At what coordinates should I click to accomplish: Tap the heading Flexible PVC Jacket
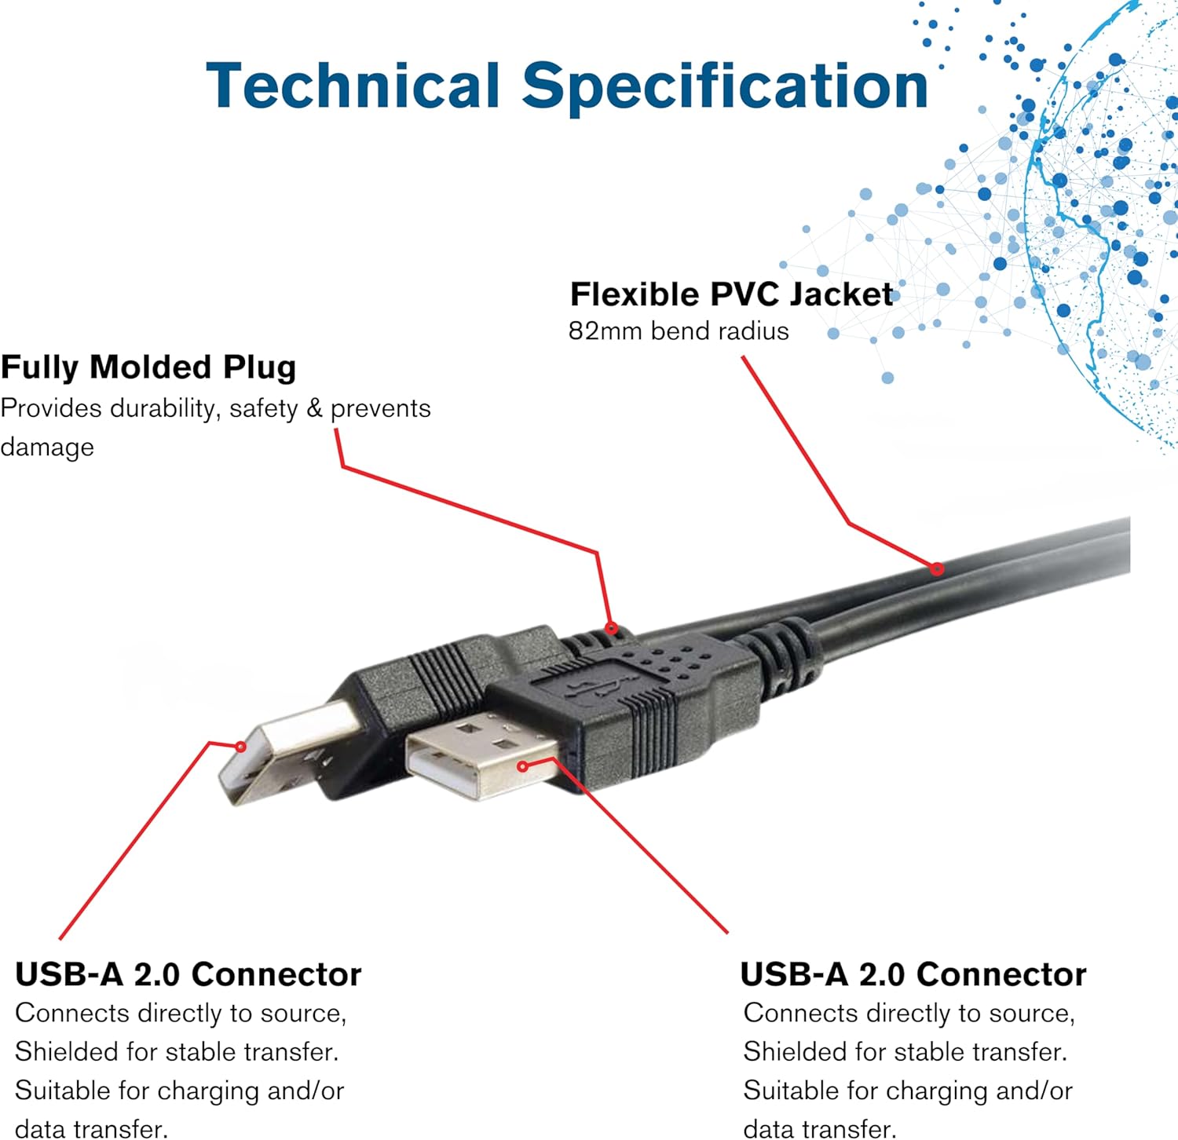point(730,294)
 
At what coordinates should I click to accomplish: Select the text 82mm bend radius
point(679,331)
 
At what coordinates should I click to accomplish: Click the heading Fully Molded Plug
point(148,367)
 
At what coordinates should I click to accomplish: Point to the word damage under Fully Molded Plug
point(47,447)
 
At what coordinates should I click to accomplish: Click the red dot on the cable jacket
point(937,568)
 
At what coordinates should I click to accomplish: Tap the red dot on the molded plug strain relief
point(611,628)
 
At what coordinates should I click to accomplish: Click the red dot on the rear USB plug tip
point(241,747)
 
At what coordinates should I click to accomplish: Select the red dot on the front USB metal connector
point(523,765)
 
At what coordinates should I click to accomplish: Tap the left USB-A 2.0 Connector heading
point(188,974)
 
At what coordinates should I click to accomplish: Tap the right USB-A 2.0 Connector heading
point(913,974)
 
